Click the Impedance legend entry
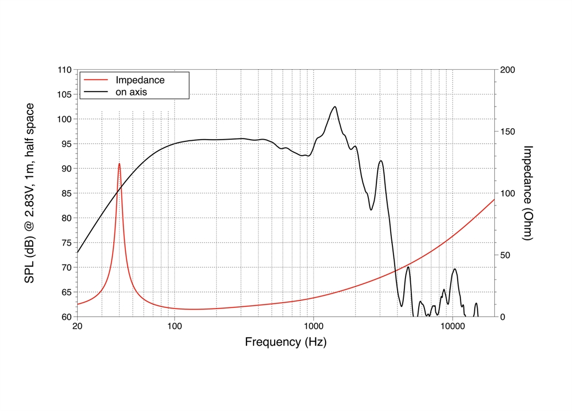pyautogui.click(x=140, y=80)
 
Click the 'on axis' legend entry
pyautogui.click(x=133, y=92)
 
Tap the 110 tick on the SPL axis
pyautogui.click(x=64, y=70)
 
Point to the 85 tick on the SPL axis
pyautogui.click(x=66, y=193)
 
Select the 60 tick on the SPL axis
pyautogui.click(x=66, y=317)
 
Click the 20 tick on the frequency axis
pyautogui.click(x=77, y=327)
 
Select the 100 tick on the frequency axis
pyautogui.click(x=174, y=327)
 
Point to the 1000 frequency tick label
pyautogui.click(x=313, y=327)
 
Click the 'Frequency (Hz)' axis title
pyautogui.click(x=285, y=342)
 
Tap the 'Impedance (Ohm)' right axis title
pyautogui.click(x=528, y=193)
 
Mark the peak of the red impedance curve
pyautogui.click(x=119, y=164)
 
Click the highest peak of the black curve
pyautogui.click(x=335, y=106)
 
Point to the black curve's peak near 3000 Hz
pyautogui.click(x=380, y=161)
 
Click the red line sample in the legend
pyautogui.click(x=96, y=80)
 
